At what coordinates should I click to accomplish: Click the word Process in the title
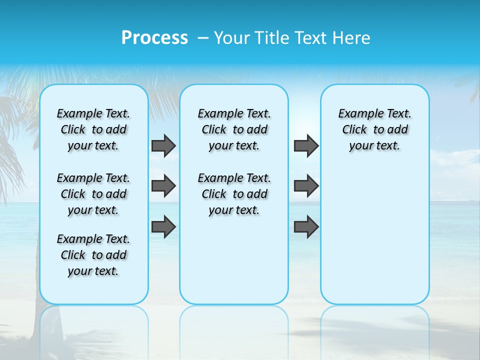pos(154,38)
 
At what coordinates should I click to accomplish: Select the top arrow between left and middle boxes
pos(163,145)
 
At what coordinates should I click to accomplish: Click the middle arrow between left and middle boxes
pos(163,186)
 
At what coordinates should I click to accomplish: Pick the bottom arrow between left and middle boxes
pos(163,227)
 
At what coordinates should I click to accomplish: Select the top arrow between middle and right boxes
pos(306,145)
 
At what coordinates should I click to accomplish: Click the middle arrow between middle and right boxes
pos(306,186)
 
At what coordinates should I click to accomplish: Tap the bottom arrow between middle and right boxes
pos(306,227)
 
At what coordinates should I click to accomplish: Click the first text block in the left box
pos(93,129)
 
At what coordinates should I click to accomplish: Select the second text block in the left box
pos(93,194)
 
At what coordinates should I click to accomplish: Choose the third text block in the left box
pos(93,255)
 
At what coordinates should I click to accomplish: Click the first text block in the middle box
pos(234,129)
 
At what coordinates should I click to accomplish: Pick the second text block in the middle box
pos(234,194)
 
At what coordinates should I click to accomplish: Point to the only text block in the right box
pos(375,129)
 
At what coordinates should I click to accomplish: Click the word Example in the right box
pos(357,114)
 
